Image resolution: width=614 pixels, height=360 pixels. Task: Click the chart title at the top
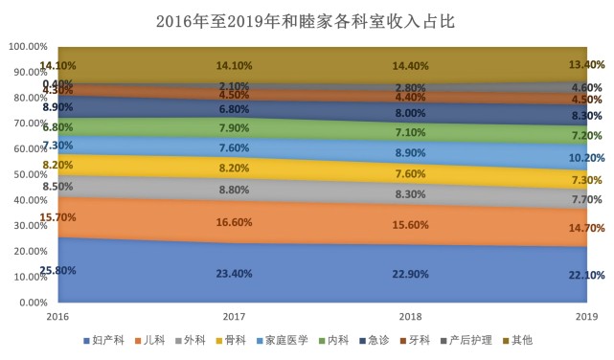coord(307,20)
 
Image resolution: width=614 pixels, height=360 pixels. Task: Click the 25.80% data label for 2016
coord(57,270)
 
